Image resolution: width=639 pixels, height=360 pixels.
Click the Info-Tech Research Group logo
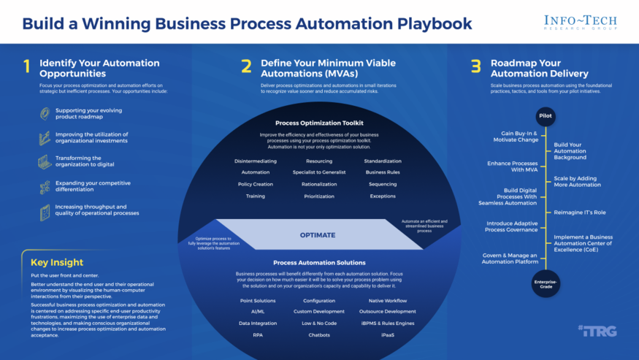pos(581,23)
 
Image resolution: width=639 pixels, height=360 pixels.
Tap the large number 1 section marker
pos(27,67)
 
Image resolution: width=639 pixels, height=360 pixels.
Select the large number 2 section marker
pos(246,67)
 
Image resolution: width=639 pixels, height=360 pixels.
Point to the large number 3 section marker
pos(475,67)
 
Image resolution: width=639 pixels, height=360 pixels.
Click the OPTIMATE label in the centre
pos(318,235)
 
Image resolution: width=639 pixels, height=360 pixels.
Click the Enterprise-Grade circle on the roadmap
pos(546,283)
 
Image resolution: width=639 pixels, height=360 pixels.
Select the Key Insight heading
pos(57,262)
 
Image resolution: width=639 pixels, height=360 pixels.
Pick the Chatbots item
pos(318,335)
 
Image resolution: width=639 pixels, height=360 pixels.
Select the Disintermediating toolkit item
pos(255,161)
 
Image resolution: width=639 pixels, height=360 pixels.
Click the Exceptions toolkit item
pos(382,196)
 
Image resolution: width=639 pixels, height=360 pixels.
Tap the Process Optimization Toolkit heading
pos(318,123)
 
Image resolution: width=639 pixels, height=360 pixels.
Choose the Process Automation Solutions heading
pos(318,262)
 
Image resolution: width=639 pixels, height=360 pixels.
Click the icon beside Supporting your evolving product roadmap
pos(45,114)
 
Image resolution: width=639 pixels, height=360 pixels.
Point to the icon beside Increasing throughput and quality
pos(45,212)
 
